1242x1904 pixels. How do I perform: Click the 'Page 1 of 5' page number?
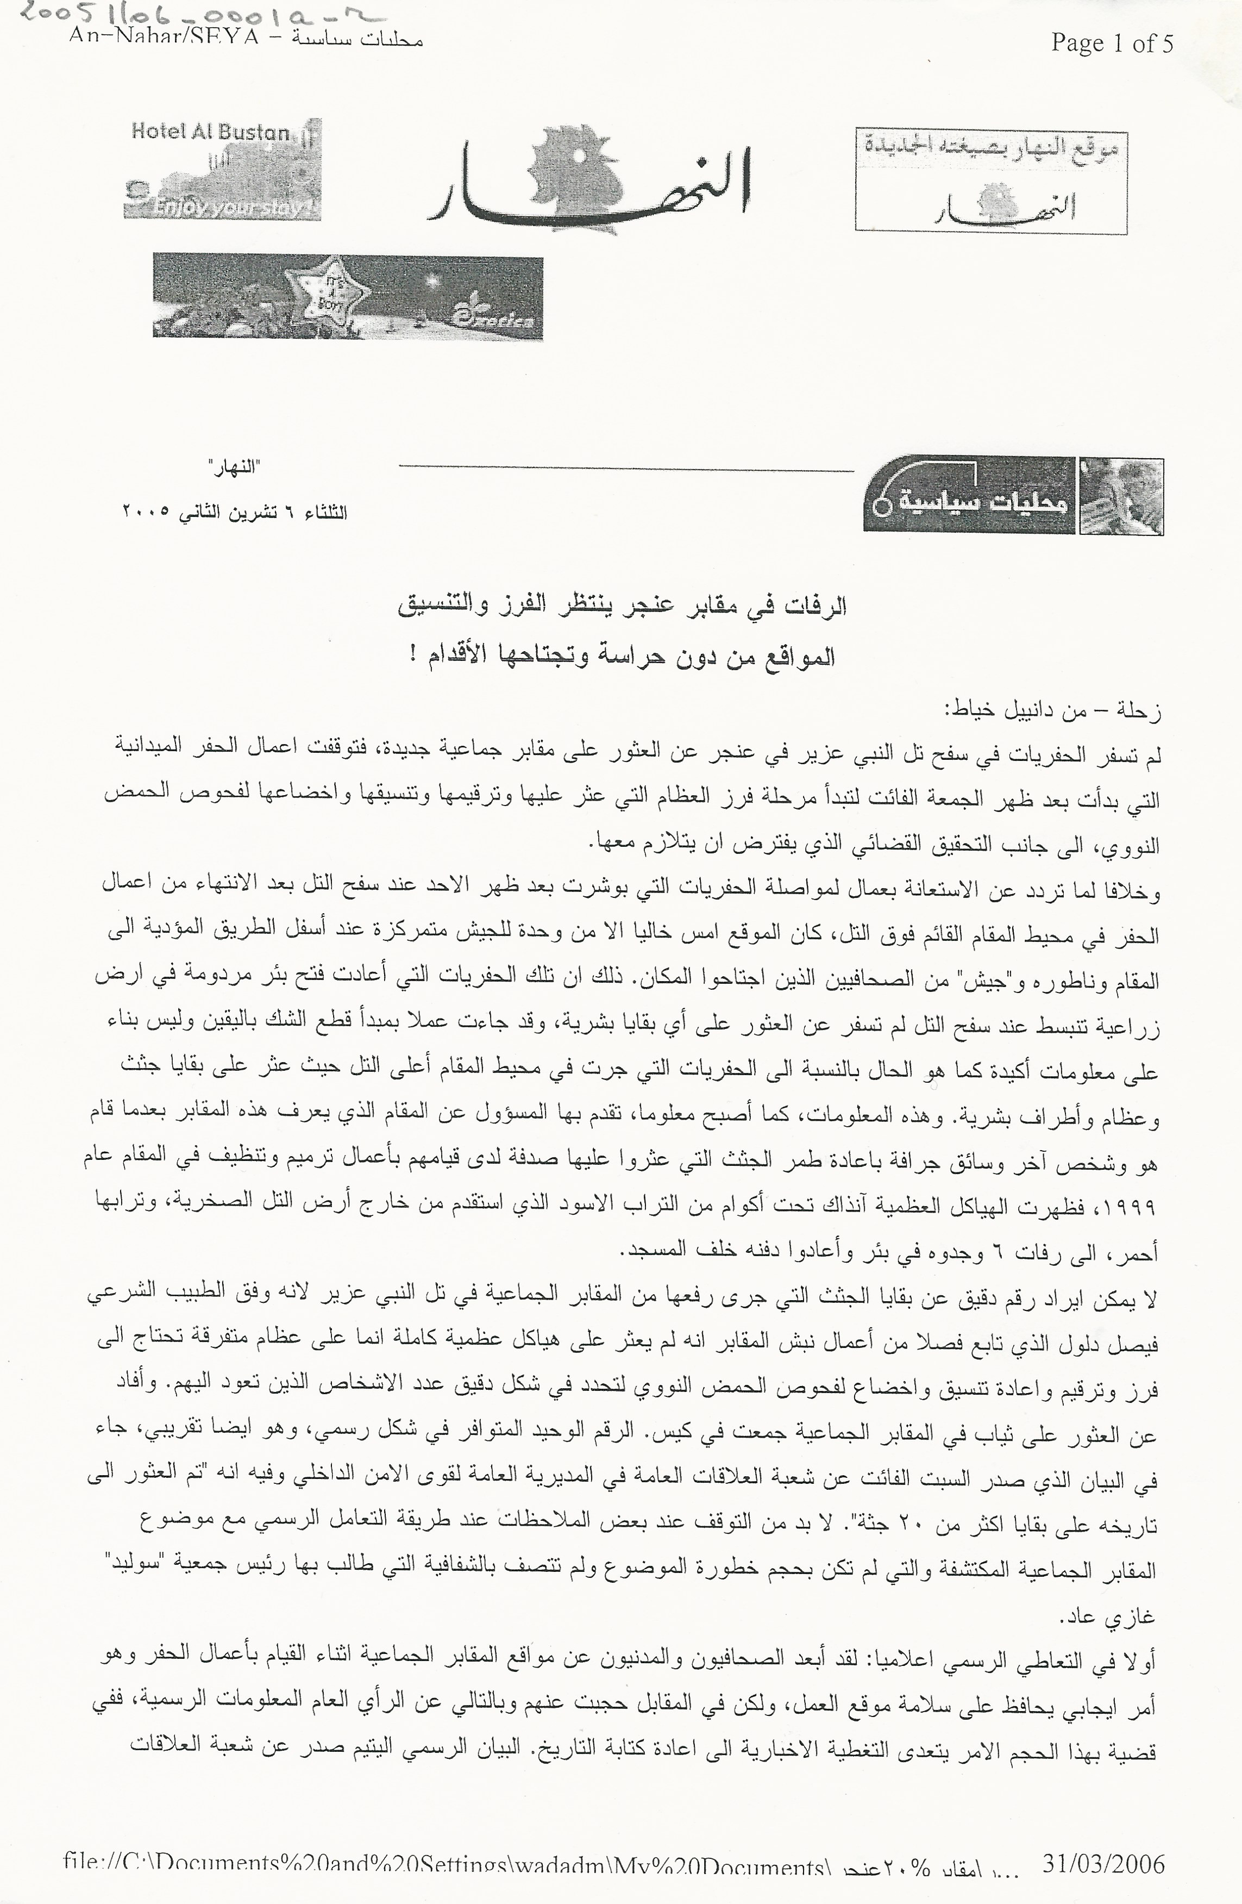[x=1112, y=42]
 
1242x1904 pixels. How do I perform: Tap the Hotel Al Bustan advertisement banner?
[x=222, y=169]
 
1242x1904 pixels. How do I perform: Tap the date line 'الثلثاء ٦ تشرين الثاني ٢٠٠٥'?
[x=234, y=512]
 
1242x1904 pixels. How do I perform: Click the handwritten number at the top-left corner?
[x=200, y=14]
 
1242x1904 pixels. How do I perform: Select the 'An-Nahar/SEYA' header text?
[x=164, y=37]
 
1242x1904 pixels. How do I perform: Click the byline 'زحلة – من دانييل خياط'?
[x=1052, y=710]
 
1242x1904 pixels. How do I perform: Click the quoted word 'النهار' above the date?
[x=234, y=467]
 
